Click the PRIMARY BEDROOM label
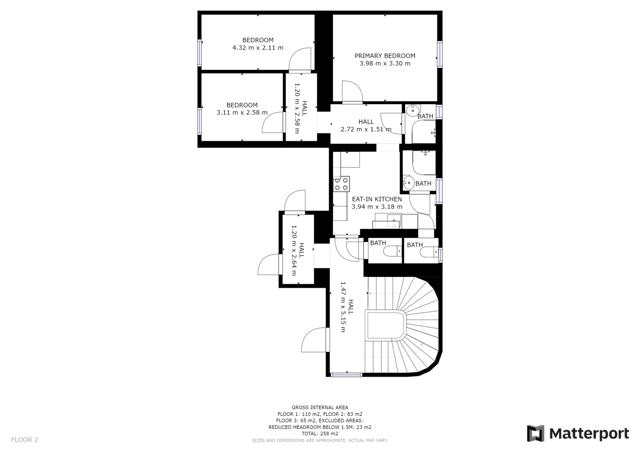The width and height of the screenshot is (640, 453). click(x=385, y=56)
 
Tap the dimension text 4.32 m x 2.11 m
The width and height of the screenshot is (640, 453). click(x=258, y=48)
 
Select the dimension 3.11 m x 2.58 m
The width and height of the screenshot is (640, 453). click(x=242, y=113)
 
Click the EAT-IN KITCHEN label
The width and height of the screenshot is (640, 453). click(x=377, y=199)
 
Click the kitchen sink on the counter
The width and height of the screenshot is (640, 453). click(x=394, y=221)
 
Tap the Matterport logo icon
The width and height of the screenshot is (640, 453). click(x=536, y=433)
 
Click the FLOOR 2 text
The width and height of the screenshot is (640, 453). click(x=24, y=439)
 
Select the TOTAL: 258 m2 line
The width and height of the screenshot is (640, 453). click(x=320, y=433)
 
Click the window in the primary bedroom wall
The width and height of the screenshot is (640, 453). click(x=440, y=54)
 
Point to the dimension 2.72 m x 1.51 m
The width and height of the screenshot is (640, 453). click(x=366, y=129)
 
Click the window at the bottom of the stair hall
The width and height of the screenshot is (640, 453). click(x=346, y=374)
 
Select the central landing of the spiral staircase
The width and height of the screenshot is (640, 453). click(x=386, y=325)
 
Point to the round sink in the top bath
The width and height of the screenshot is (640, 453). click(x=412, y=111)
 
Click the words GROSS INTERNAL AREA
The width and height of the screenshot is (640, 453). click(x=320, y=407)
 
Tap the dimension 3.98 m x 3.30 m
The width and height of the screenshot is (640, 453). click(x=385, y=64)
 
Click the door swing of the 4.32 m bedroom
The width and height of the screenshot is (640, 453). click(x=300, y=59)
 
